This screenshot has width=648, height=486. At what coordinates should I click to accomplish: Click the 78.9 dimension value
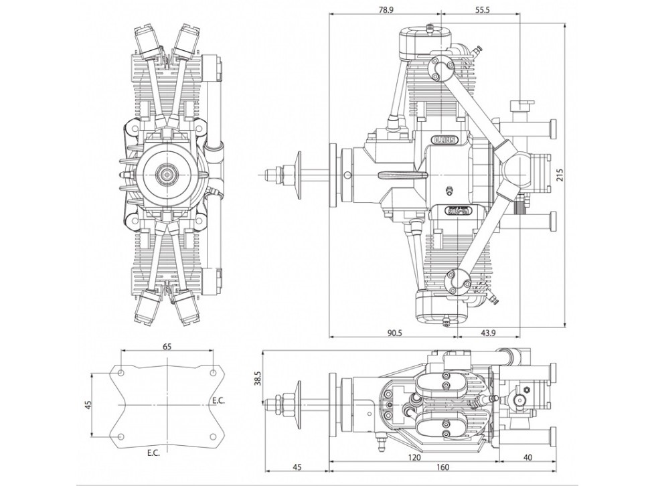tap(384, 9)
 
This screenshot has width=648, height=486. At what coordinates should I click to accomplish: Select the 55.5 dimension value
tap(483, 9)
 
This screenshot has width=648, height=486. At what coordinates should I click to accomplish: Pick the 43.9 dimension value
tap(487, 333)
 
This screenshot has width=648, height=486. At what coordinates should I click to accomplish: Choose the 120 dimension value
tap(414, 458)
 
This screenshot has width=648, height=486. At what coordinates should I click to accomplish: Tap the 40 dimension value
tap(528, 458)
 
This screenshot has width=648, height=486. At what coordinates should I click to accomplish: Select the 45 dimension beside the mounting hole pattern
tap(88, 405)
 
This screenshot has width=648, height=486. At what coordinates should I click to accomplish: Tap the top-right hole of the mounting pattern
tap(213, 372)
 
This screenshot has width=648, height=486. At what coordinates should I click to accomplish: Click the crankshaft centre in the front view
tap(166, 175)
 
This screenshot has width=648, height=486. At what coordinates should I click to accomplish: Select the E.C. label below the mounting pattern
tap(153, 453)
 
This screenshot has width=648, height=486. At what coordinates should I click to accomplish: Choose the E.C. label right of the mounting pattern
tap(218, 400)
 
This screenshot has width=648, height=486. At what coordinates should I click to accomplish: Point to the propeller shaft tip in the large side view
tap(265, 175)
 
